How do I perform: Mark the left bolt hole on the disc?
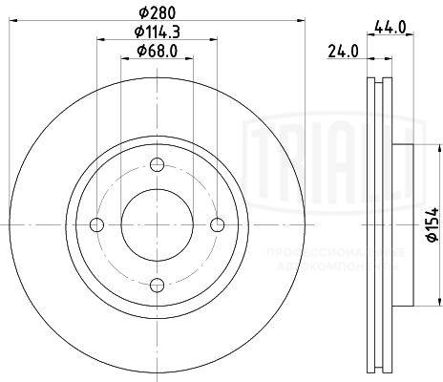(x=96, y=225)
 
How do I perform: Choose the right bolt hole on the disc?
(x=218, y=225)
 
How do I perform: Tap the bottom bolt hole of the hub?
(x=158, y=284)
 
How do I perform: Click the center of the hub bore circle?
(x=158, y=225)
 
